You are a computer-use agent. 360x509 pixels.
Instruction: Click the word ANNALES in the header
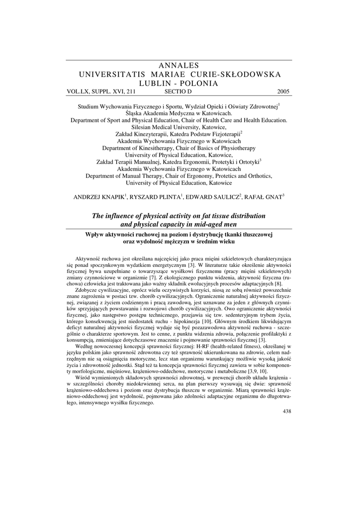180,66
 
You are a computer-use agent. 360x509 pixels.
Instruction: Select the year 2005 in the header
282,91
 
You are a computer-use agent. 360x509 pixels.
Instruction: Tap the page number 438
286,411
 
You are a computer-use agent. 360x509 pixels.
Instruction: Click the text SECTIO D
178,91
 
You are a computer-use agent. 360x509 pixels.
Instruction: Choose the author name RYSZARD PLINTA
155,197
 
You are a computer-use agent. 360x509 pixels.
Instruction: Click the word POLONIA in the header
200,83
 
